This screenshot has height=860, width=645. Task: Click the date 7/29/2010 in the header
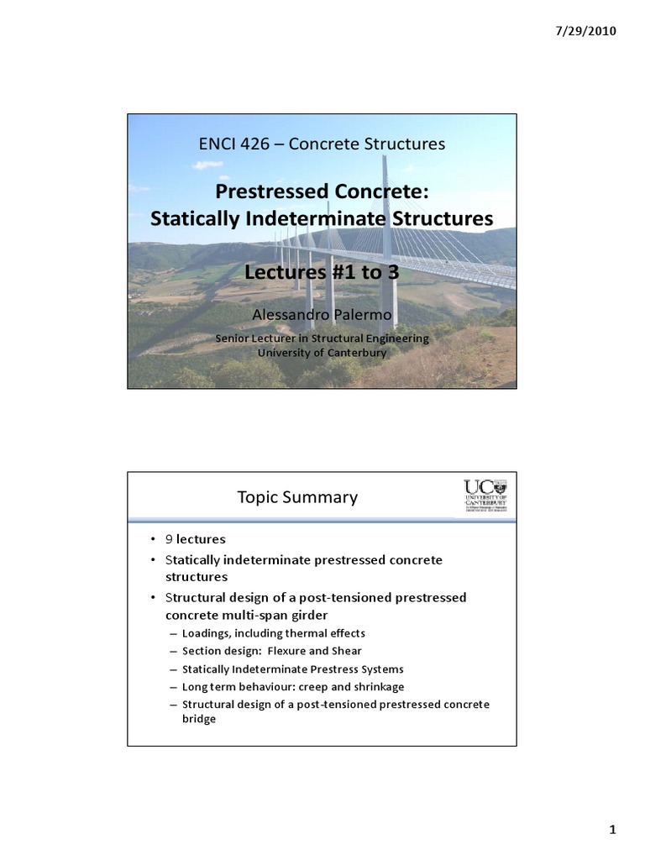coord(586,32)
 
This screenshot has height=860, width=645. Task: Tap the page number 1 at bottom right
coord(612,831)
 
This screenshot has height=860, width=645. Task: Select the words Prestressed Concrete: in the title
coord(322,191)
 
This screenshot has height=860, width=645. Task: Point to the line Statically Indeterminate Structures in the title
coord(322,218)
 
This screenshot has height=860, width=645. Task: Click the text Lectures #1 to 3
coord(322,273)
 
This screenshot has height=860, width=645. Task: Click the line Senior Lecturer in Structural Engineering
coord(322,338)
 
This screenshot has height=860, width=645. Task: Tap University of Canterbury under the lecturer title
coord(322,353)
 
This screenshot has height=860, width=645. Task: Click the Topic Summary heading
coord(297,497)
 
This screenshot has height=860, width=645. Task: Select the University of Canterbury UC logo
coord(485,496)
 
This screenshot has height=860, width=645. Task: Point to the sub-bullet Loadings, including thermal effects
coord(273,633)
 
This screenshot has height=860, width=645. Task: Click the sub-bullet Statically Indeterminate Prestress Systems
coord(292,669)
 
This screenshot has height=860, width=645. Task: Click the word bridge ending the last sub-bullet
coord(199,720)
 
